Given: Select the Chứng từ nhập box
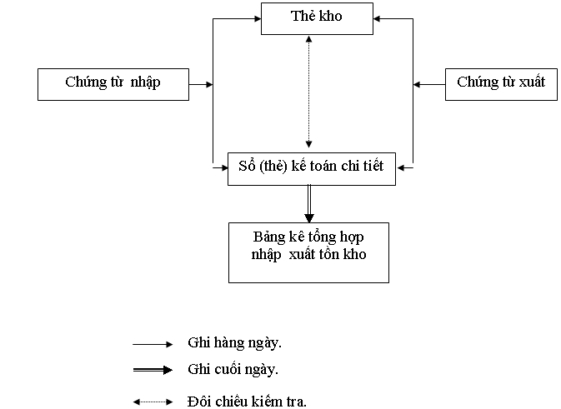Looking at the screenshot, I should [113, 83].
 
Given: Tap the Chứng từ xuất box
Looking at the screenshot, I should [500, 83].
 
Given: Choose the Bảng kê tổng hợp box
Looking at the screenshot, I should [308, 251].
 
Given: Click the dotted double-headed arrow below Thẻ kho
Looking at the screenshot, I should [308, 92].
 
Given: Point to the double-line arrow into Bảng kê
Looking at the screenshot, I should [308, 203].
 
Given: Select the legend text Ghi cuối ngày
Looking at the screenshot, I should [233, 369].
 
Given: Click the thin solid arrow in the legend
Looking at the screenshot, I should [153, 343].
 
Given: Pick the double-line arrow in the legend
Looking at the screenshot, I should [153, 369].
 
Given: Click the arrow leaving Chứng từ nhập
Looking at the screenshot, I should [201, 84].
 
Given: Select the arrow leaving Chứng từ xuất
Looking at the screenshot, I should [429, 84].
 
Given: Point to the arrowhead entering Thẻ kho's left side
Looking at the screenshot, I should [256, 18].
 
